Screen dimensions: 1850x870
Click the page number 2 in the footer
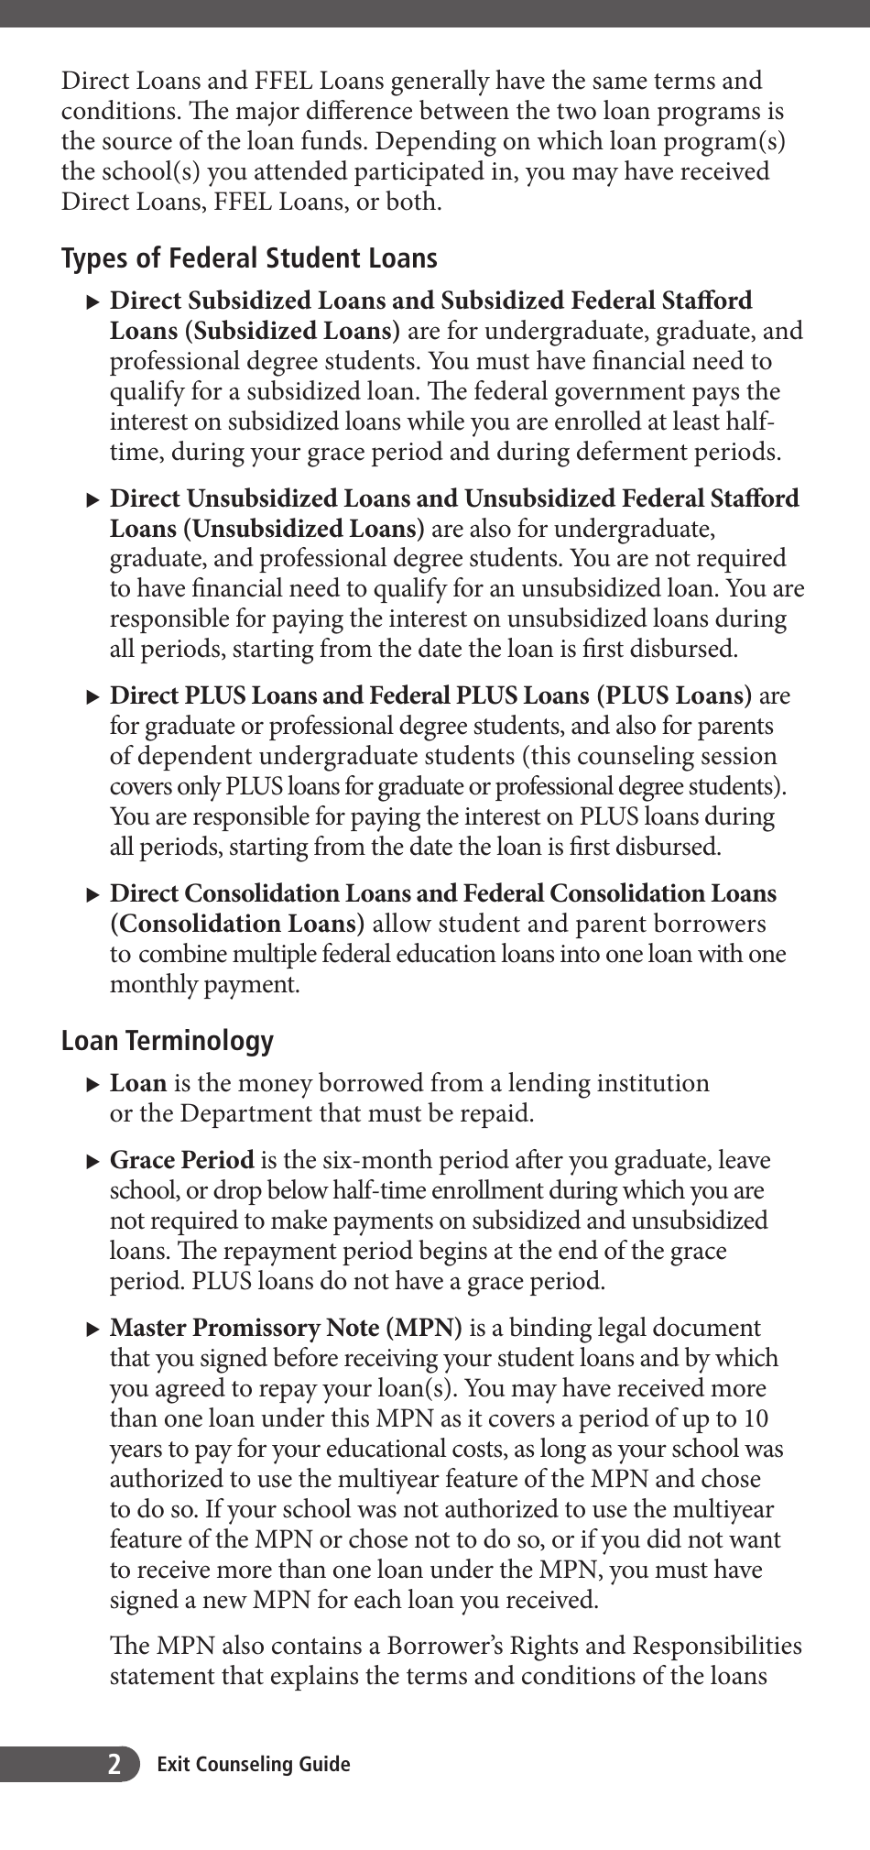click(x=114, y=1764)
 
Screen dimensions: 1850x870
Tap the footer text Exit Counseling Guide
click(x=253, y=1764)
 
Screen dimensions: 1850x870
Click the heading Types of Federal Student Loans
click(x=249, y=258)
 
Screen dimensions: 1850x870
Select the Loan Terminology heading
click(x=168, y=1041)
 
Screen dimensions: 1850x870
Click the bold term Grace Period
click(x=181, y=1161)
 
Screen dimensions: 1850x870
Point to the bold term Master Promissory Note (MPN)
click(x=286, y=1328)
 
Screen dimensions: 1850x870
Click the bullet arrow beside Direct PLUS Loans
click(x=92, y=696)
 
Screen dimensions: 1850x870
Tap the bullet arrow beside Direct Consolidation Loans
click(x=92, y=894)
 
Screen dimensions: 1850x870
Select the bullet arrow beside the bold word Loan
click(x=92, y=1085)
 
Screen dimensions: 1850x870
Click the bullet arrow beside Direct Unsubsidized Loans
click(x=92, y=499)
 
